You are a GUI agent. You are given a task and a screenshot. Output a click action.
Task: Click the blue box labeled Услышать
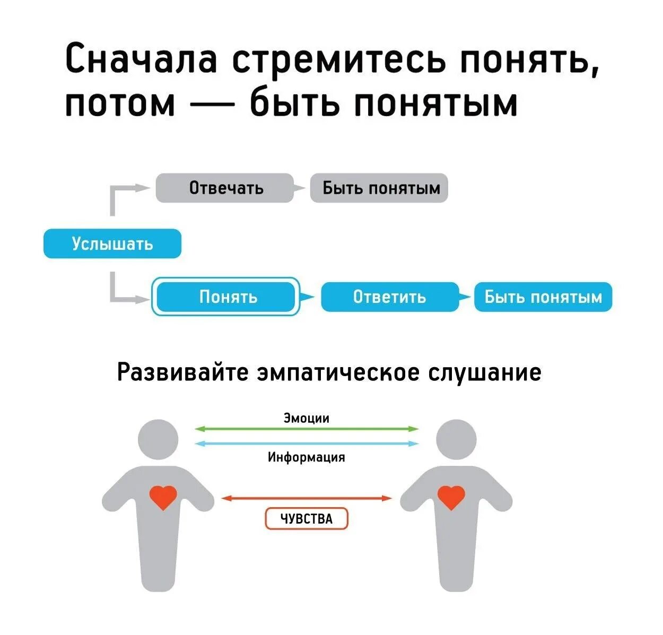112,243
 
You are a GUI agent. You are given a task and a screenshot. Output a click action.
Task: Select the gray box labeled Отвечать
225,188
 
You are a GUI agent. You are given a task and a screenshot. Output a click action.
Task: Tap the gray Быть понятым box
379,188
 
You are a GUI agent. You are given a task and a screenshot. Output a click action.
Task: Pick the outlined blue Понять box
226,297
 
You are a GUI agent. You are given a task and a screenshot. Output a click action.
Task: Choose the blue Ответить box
390,297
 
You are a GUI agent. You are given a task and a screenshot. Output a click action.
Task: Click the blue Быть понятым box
543,297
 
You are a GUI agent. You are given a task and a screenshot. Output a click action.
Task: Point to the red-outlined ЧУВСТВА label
307,519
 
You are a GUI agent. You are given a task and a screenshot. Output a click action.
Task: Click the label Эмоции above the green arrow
307,418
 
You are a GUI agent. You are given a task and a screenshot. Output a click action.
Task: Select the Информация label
307,457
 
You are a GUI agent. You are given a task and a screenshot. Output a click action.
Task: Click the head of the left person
158,440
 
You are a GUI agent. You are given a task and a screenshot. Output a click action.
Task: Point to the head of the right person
456,440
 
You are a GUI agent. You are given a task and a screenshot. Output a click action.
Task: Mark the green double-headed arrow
307,429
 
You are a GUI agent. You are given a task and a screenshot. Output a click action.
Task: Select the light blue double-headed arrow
307,443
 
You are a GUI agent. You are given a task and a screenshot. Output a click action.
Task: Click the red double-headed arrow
307,498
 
